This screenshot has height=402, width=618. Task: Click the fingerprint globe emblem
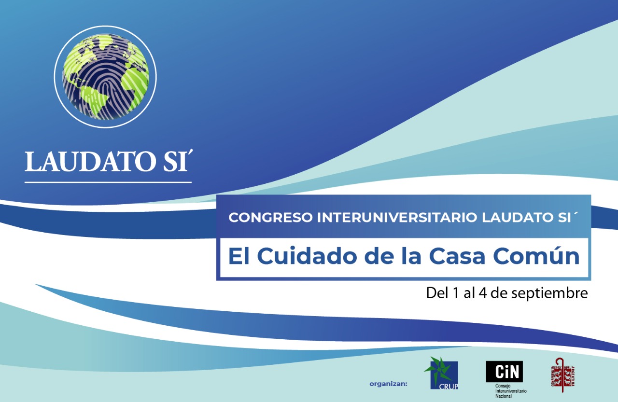coord(105,79)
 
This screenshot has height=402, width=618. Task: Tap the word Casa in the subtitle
coord(458,256)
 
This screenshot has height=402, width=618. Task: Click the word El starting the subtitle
coord(240,256)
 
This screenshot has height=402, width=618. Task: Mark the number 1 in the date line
coord(455,293)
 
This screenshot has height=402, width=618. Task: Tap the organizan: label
coord(388,384)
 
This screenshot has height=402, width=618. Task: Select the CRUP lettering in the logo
coord(449,386)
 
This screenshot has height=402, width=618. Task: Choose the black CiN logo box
coord(504,372)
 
